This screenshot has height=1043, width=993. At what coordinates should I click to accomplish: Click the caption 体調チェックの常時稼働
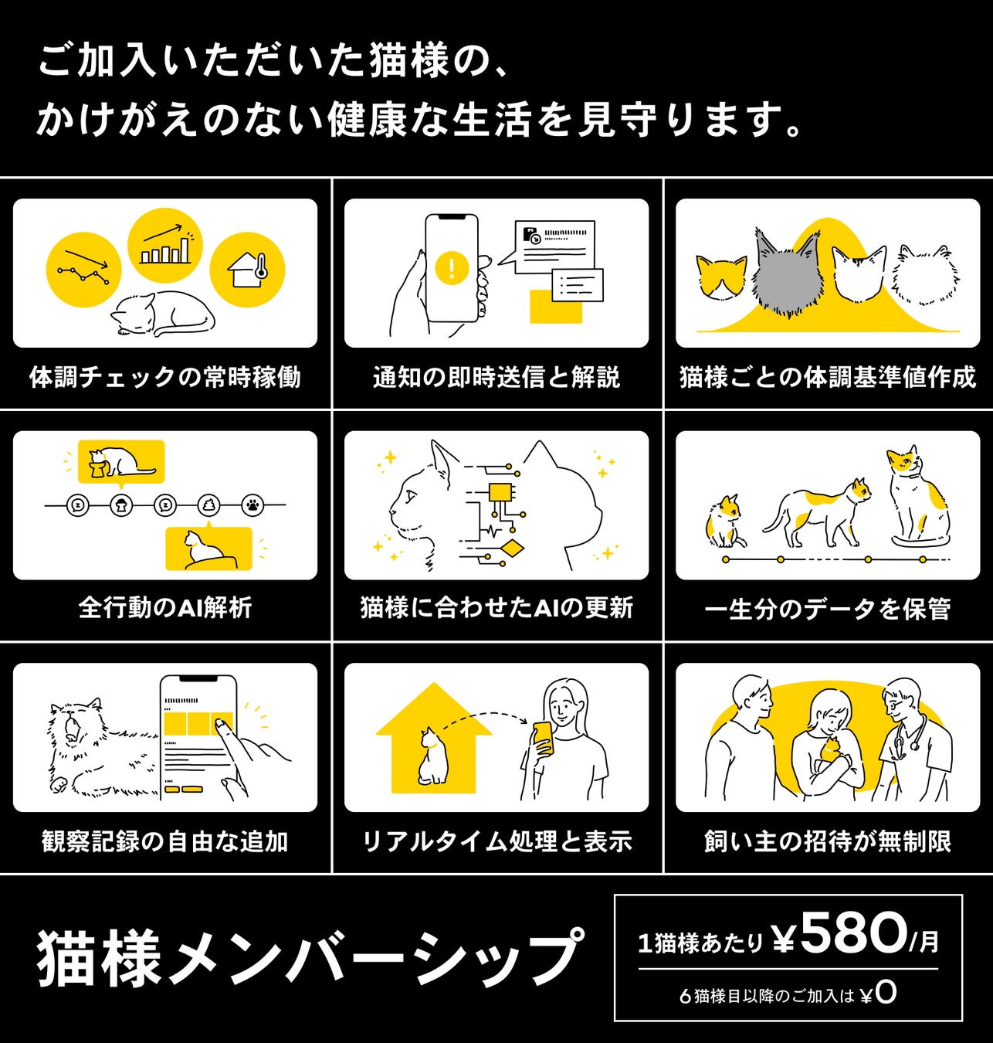click(x=164, y=377)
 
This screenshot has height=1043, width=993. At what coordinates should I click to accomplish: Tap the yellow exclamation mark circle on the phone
click(x=452, y=268)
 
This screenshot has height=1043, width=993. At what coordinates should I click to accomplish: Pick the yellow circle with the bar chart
click(x=164, y=245)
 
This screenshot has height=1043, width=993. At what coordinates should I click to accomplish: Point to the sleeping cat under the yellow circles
click(x=164, y=314)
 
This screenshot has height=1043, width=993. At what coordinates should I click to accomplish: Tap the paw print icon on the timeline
click(x=252, y=506)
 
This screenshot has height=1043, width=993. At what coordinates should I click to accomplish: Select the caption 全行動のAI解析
click(x=164, y=608)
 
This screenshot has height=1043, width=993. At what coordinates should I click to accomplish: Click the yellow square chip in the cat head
click(x=500, y=492)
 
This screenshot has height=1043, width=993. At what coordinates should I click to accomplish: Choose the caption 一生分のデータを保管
click(x=827, y=609)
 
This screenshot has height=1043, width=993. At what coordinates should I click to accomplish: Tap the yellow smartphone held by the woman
click(x=544, y=737)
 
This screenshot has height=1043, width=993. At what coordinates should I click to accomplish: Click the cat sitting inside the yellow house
click(x=432, y=756)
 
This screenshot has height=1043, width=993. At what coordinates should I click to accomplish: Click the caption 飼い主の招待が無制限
click(x=827, y=841)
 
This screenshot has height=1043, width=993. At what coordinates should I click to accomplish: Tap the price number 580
click(x=852, y=933)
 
